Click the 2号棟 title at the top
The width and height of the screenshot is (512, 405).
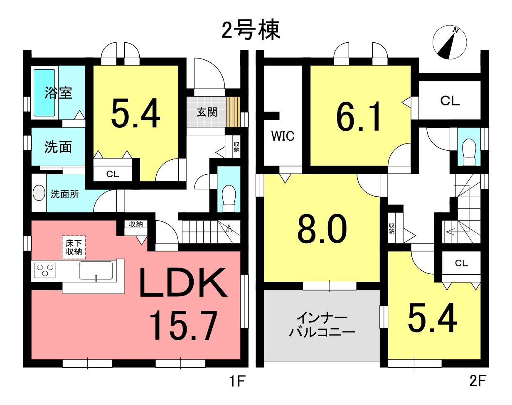pos(251,31)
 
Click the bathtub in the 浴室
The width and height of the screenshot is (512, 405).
pos(44,93)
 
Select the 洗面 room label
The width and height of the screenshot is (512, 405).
pos(58,147)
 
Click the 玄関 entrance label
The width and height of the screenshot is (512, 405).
pos(207,112)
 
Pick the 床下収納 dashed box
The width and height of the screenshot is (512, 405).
pos(74,247)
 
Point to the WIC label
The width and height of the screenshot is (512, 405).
pos(283,136)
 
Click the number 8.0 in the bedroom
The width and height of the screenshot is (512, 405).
pos(322,227)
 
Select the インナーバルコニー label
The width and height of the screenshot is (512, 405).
pos(322,325)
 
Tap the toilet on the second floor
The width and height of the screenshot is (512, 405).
pos(469,152)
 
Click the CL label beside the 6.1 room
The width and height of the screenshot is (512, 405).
pos(450,101)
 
